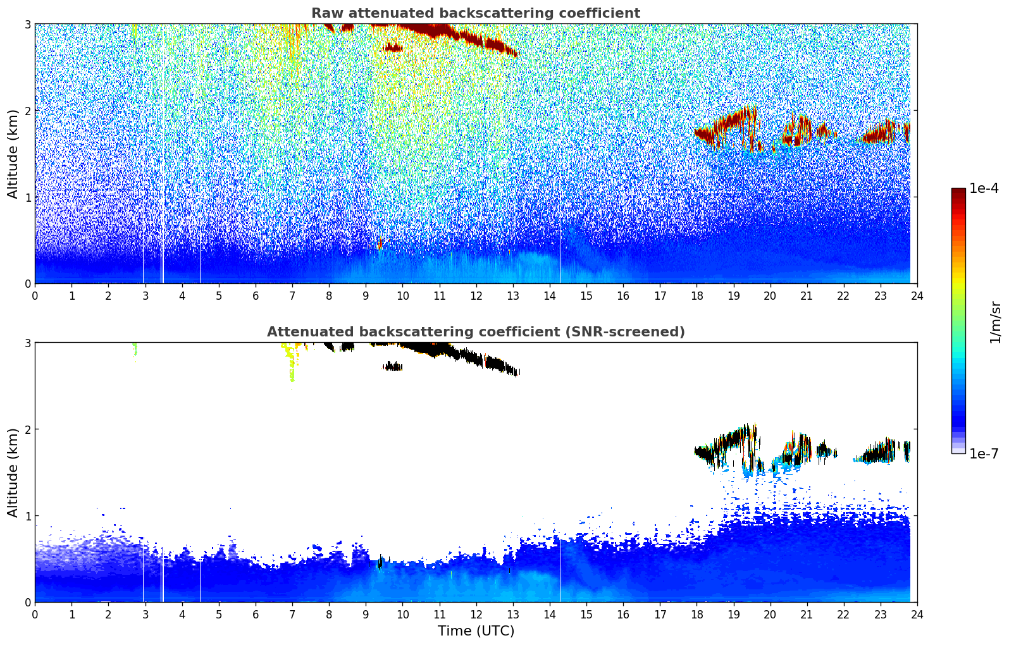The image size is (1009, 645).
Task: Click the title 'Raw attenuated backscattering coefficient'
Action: pyautogui.click(x=475, y=13)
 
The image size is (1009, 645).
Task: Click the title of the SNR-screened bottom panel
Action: pyautogui.click(x=475, y=332)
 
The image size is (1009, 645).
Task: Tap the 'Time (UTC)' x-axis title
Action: pyautogui.click(x=476, y=630)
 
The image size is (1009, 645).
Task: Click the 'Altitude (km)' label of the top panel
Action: pyautogui.click(x=13, y=154)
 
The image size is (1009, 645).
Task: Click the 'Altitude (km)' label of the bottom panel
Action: pyautogui.click(x=13, y=472)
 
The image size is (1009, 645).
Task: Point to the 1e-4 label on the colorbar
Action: pyautogui.click(x=984, y=188)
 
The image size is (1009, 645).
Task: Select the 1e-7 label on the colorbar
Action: pyautogui.click(x=984, y=453)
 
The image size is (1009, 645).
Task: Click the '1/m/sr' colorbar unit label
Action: pyautogui.click(x=995, y=322)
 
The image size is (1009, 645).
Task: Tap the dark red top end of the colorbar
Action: pyautogui.click(x=958, y=191)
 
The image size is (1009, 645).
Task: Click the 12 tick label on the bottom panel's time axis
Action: pyautogui.click(x=476, y=614)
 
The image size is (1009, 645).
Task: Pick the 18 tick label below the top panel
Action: pyautogui.click(x=696, y=295)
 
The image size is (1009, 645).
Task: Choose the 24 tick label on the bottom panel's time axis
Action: pyautogui.click(x=917, y=614)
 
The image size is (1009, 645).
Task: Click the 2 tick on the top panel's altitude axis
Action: pyautogui.click(x=27, y=111)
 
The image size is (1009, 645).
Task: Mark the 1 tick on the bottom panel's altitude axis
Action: pyautogui.click(x=27, y=516)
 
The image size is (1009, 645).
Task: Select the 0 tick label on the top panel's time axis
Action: pyautogui.click(x=35, y=295)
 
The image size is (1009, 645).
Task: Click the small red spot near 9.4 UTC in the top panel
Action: pyautogui.click(x=380, y=245)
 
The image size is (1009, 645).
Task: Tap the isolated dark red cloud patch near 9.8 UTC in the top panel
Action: pyautogui.click(x=393, y=47)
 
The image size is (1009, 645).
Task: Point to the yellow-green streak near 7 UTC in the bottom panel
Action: pyautogui.click(x=292, y=367)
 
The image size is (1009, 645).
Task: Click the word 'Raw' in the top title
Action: pyautogui.click(x=326, y=13)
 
